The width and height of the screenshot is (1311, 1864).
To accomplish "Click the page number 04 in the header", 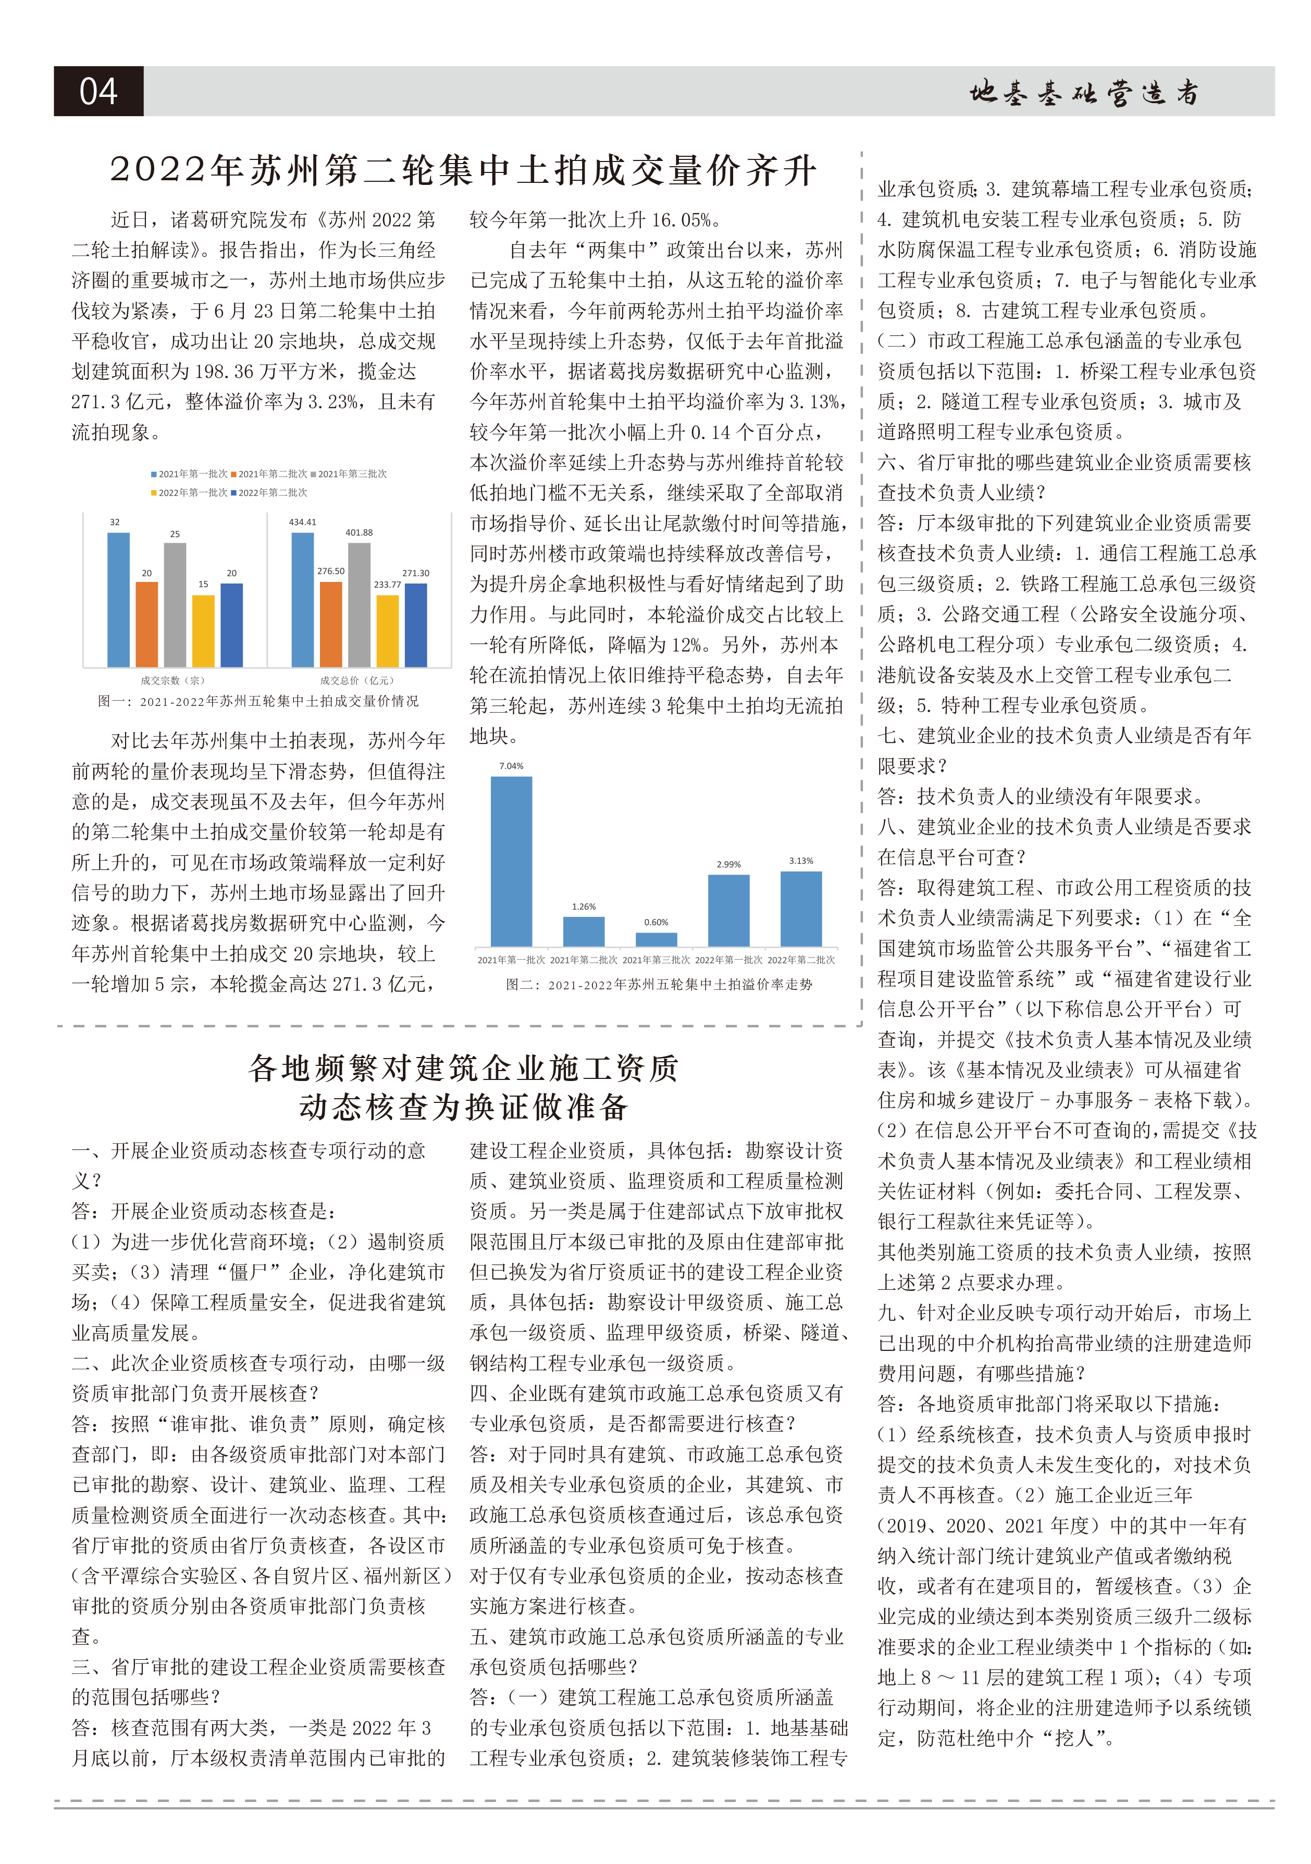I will pyautogui.click(x=98, y=91).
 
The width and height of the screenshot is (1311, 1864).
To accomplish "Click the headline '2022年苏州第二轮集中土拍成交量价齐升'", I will pyautogui.click(x=463, y=170).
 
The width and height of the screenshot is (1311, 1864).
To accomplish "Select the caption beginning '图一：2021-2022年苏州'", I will pyautogui.click(x=258, y=701).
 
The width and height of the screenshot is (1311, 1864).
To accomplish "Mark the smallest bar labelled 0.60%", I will pyautogui.click(x=656, y=939).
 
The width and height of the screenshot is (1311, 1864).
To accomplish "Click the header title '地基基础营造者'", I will pyautogui.click(x=1084, y=93).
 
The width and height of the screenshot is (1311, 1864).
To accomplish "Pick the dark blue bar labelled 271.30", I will pyautogui.click(x=416, y=624).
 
